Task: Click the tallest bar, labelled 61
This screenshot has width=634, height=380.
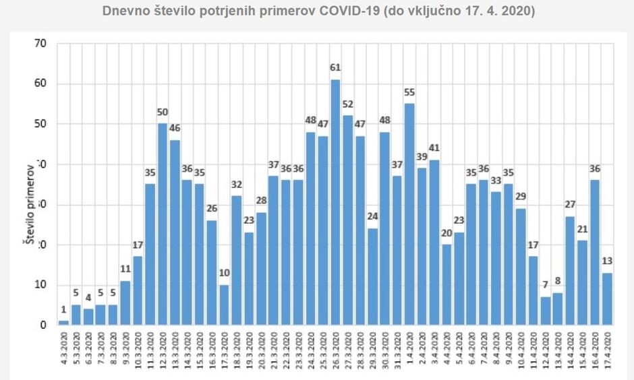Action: click(335, 202)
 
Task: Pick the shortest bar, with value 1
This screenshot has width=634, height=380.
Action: click(63, 323)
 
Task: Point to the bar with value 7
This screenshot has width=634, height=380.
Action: click(546, 311)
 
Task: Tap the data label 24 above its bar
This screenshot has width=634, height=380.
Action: click(372, 217)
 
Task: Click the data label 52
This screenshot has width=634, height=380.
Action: click(347, 104)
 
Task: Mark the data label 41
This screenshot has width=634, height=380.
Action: click(434, 148)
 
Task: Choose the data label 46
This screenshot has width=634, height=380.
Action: click(175, 128)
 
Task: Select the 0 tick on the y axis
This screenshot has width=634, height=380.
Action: click(42, 325)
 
